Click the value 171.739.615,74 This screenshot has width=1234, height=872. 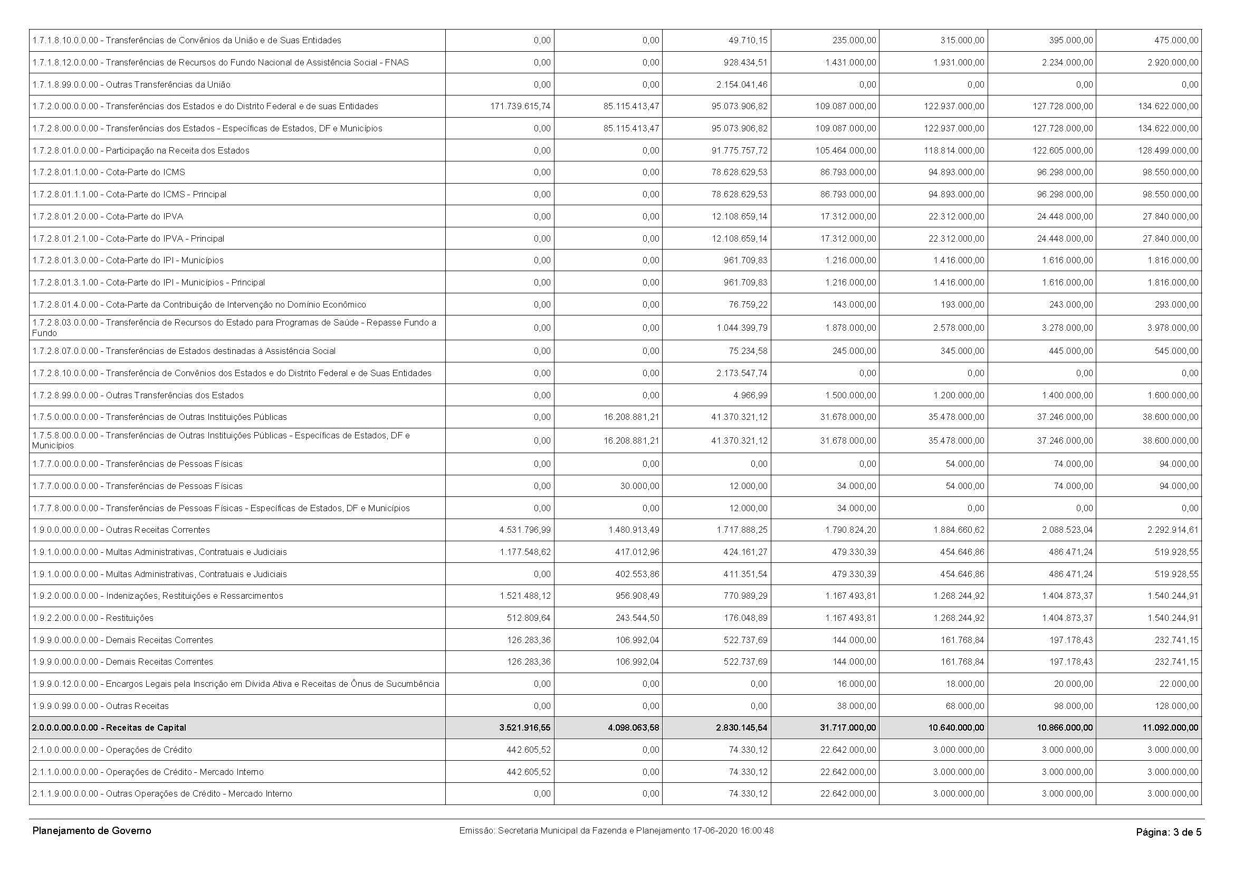coord(520,107)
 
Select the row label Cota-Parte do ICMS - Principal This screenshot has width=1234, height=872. coord(129,195)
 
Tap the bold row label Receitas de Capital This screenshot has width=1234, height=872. coord(109,728)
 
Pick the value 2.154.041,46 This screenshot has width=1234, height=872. coord(742,84)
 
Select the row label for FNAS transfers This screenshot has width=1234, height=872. coord(221,62)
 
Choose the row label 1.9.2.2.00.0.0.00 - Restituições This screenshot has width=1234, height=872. coord(93,618)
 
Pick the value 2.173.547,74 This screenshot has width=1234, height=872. coord(742,373)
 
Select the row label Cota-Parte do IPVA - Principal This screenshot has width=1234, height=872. coord(128,238)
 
